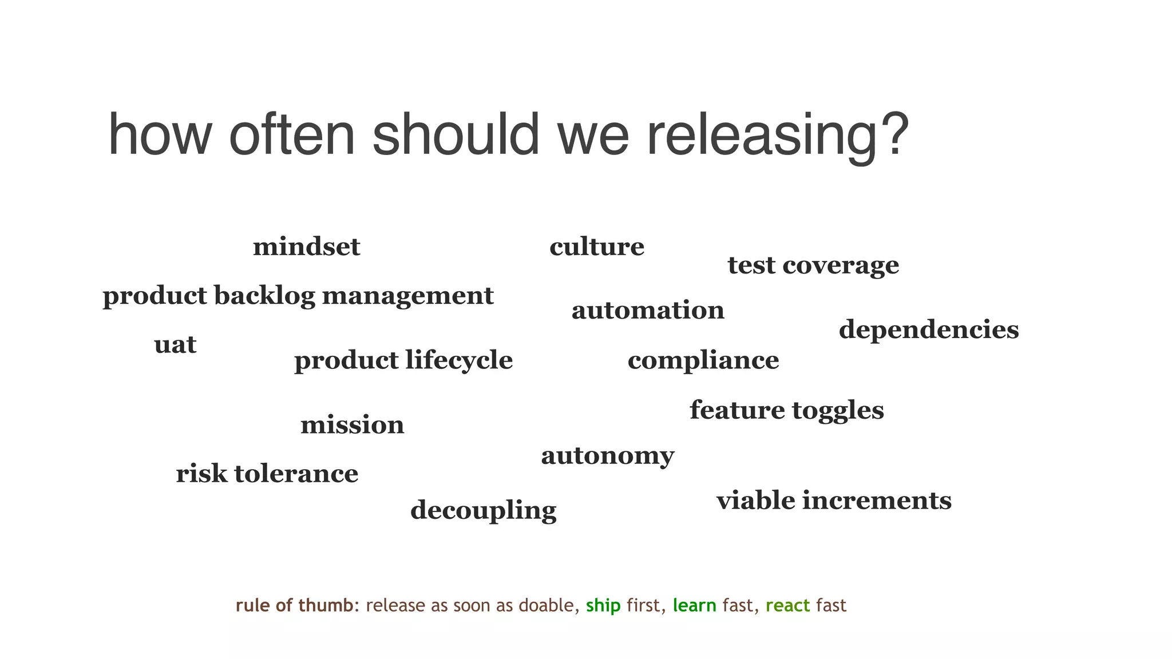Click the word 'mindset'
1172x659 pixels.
click(307, 247)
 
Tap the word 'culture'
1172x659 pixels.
click(597, 247)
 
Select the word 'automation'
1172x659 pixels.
click(648, 311)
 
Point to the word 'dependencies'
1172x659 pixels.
click(929, 330)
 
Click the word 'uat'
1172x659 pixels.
click(175, 345)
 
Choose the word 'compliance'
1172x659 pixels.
click(703, 361)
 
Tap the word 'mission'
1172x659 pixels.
click(353, 425)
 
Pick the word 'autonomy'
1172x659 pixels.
click(608, 456)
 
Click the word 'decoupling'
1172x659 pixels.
click(484, 511)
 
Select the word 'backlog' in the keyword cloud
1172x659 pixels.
click(264, 296)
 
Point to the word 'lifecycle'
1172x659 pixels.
click(459, 361)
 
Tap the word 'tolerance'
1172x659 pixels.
click(296, 474)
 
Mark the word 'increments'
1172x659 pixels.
click(877, 501)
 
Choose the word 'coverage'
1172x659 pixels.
click(841, 265)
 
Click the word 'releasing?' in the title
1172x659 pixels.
click(778, 136)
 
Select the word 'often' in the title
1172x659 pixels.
click(292, 135)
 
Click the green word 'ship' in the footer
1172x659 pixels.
click(603, 605)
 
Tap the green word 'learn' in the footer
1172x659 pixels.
click(694, 605)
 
